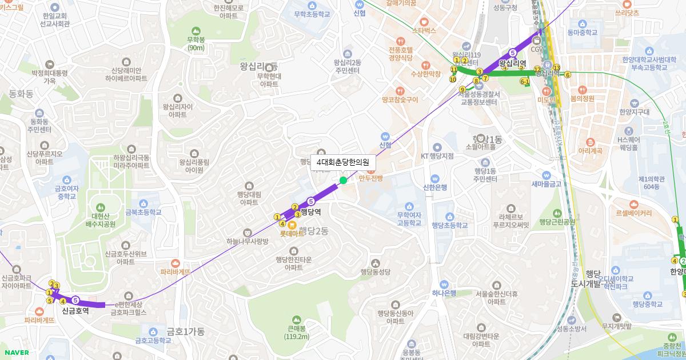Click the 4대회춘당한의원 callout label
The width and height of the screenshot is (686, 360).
[x=343, y=162]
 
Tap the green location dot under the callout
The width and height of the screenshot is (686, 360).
[x=343, y=181]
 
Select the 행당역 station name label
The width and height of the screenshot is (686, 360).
[x=310, y=212]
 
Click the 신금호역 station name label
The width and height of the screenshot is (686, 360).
[x=75, y=311]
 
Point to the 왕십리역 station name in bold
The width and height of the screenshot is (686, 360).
[x=512, y=63]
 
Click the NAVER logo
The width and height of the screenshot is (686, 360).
[x=15, y=353]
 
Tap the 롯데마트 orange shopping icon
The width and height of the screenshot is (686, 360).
[x=292, y=225]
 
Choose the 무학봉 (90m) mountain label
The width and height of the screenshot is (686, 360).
[x=196, y=43]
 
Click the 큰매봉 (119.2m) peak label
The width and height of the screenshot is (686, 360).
[x=296, y=332]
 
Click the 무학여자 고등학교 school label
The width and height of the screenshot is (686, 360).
[x=409, y=219]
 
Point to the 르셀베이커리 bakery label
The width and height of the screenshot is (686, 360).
[x=633, y=213]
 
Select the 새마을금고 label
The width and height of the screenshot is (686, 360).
[x=547, y=184]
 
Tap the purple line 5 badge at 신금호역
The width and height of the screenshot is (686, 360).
[x=75, y=299]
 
